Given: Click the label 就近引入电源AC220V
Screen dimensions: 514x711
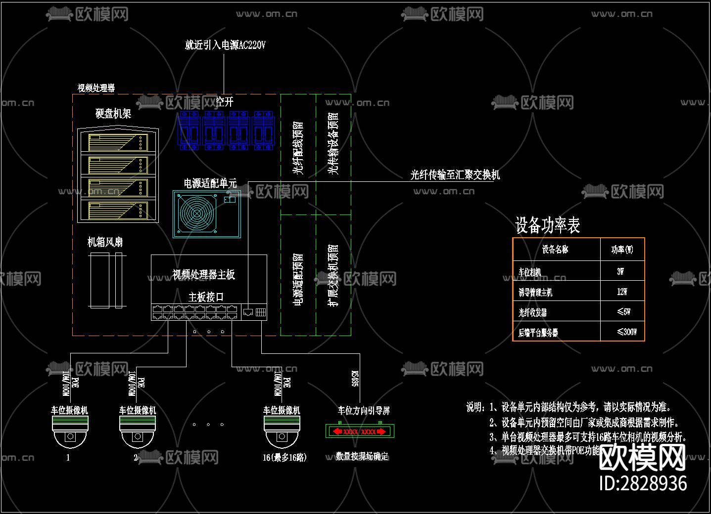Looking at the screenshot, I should (x=225, y=45).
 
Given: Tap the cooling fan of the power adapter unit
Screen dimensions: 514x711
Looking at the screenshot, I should (x=197, y=214).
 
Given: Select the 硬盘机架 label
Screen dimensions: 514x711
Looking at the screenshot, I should (x=113, y=114).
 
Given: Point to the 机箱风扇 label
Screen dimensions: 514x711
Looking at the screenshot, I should (x=105, y=242).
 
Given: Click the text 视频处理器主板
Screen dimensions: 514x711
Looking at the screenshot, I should (x=203, y=274).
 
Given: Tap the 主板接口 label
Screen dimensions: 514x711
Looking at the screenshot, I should (x=206, y=297).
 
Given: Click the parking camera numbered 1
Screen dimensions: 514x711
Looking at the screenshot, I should (x=70, y=431).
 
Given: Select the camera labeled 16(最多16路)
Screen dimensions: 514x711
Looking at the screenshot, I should (x=282, y=431).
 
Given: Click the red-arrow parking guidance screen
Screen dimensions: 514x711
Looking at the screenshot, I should (x=360, y=431).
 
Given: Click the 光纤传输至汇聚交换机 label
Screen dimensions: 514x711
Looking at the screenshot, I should (x=455, y=175).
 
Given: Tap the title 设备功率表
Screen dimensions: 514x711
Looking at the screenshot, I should (x=547, y=225).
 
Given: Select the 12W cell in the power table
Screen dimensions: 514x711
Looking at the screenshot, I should (x=622, y=292).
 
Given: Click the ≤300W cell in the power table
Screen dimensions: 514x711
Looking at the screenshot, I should (x=626, y=332).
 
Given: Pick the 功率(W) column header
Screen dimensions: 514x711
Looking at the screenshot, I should (x=622, y=250).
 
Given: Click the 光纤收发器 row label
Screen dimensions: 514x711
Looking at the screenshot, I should (x=532, y=312).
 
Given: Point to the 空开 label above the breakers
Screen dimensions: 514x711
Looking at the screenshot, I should (x=225, y=102).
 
